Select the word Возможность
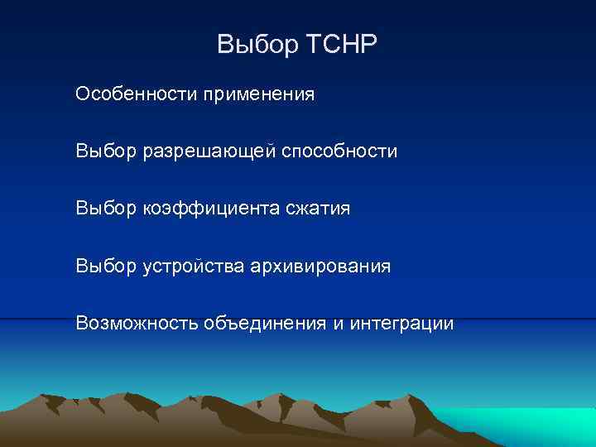[136, 323]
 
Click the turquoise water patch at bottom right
[530, 426]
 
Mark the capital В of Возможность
[81, 323]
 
